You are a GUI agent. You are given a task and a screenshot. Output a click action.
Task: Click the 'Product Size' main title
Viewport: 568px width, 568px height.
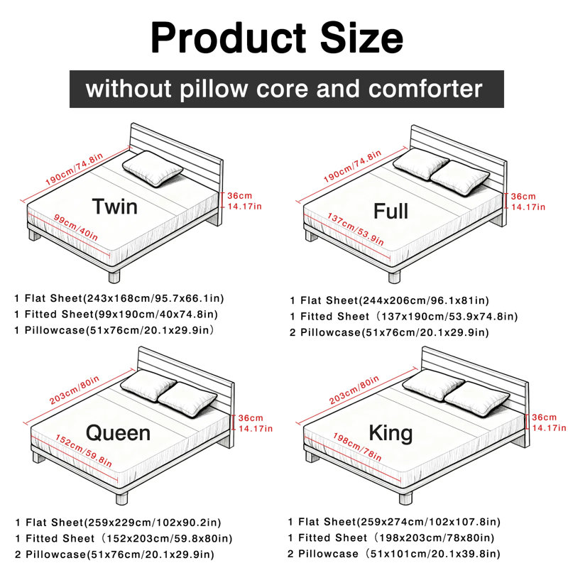277,38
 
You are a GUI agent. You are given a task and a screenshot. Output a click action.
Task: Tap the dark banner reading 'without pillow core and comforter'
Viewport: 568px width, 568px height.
287,89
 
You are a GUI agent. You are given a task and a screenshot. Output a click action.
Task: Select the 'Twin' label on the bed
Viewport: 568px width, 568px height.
115,207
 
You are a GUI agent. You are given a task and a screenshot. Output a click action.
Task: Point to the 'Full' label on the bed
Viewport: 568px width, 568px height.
391,211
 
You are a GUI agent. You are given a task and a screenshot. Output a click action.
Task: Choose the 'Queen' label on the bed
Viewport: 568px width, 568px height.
118,433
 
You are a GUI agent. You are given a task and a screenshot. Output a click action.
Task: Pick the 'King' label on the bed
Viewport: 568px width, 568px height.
391,433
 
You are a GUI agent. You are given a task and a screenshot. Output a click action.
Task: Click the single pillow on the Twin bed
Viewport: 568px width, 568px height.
153,168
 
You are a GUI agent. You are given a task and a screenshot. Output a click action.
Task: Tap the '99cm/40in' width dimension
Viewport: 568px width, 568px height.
76,227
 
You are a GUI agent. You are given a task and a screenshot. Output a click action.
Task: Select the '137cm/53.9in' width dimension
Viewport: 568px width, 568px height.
356,229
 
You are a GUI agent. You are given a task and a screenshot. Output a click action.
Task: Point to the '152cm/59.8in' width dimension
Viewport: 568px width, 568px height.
84,451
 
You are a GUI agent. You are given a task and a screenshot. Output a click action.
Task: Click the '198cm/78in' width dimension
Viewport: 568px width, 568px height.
357,447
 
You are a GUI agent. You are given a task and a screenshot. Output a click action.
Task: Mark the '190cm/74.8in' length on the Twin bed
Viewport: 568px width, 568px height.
75,169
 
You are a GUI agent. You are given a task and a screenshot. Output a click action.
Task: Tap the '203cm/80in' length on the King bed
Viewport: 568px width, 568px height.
354,390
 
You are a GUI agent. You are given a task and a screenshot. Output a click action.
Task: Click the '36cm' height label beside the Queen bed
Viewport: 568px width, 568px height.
251,418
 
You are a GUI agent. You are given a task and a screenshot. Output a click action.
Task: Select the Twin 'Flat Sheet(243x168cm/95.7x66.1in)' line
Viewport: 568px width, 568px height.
119,298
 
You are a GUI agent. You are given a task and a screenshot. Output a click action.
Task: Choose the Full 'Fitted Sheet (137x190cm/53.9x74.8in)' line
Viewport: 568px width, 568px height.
404,317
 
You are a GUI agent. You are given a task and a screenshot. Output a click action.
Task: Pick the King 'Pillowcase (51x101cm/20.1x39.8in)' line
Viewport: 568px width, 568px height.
394,554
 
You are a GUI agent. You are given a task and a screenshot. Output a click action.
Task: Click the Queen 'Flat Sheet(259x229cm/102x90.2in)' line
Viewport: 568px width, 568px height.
118,523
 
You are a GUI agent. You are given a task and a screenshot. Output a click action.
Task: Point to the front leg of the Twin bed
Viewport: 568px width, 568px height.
114,275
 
